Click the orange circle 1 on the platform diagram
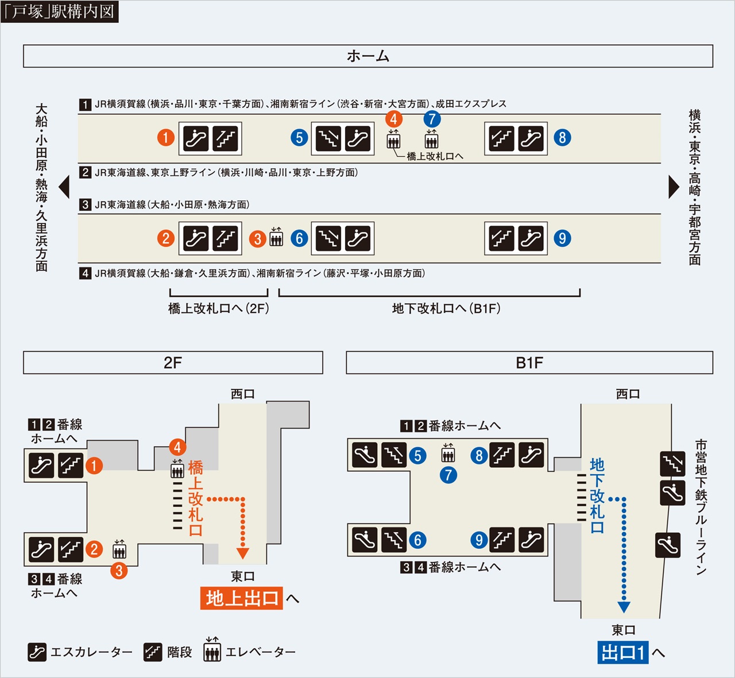(166, 138)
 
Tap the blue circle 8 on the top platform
(562, 138)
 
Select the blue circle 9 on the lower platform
(562, 238)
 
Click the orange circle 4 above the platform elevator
(394, 119)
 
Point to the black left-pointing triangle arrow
(64, 187)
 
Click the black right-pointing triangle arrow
(674, 187)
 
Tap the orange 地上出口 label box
(241, 598)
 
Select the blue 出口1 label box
(623, 653)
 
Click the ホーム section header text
(368, 56)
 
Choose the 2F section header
(173, 363)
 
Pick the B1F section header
(529, 363)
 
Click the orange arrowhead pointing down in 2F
(243, 553)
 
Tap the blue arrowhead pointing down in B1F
(624, 607)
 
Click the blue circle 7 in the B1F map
(448, 475)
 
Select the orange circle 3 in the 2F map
(119, 571)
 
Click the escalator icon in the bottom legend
(37, 652)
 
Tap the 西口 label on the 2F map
(242, 394)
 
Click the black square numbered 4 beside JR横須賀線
(85, 273)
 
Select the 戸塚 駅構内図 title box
(60, 11)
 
